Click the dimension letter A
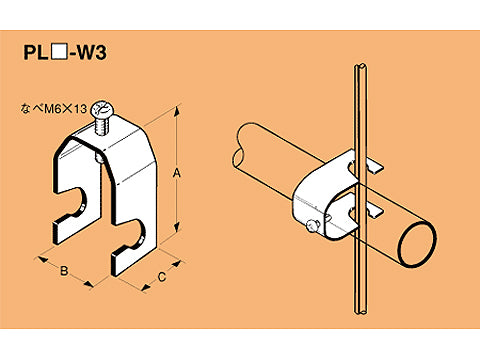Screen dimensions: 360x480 click(178, 173)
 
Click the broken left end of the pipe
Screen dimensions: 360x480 click(244, 140)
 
